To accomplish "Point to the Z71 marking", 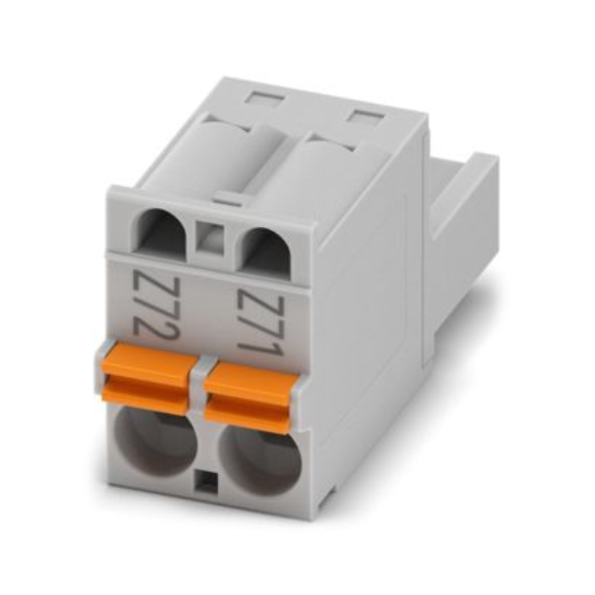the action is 260,323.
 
